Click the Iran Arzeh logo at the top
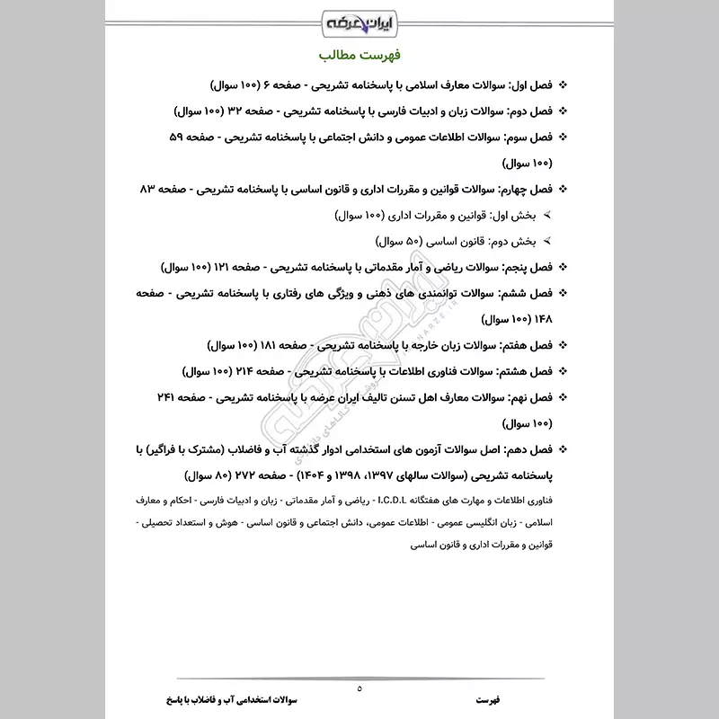pyautogui.click(x=359, y=19)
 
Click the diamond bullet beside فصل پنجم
pyautogui.click(x=564, y=268)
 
